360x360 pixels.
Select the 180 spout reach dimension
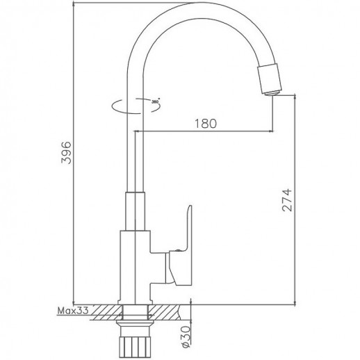click(206, 123)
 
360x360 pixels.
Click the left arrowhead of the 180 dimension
click(137, 131)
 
